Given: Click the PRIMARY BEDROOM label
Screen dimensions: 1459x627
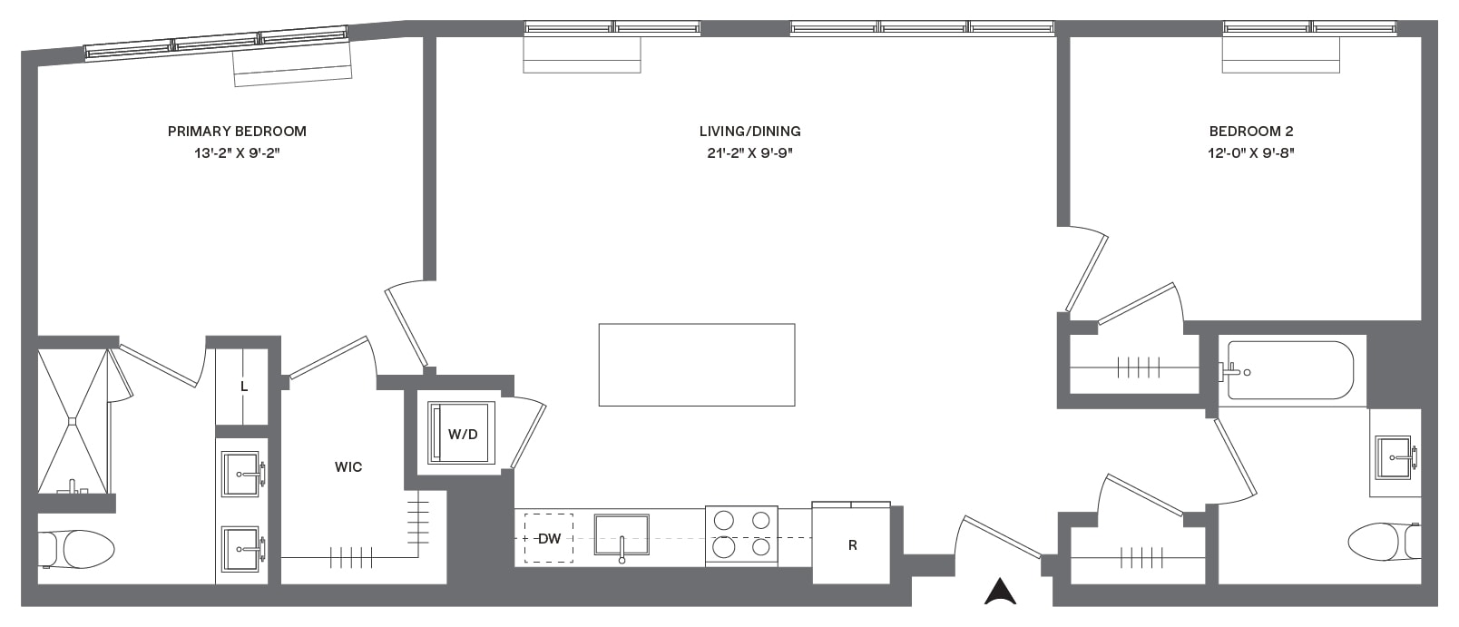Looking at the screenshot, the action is pyautogui.click(x=237, y=132).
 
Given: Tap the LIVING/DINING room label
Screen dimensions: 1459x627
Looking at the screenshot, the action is pyautogui.click(x=749, y=132).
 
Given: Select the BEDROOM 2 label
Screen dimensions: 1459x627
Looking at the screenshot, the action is pyautogui.click(x=1250, y=132).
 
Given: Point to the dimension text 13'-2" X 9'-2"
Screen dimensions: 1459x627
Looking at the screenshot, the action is pyautogui.click(x=237, y=153).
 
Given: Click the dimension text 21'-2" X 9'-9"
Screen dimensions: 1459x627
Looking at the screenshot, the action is pyautogui.click(x=749, y=153).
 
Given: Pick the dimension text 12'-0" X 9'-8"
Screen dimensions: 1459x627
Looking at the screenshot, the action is pyautogui.click(x=1250, y=153).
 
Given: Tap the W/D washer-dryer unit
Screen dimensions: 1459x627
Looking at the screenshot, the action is pyautogui.click(x=461, y=433).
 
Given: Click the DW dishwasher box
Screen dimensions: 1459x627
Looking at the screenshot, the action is pyautogui.click(x=548, y=538).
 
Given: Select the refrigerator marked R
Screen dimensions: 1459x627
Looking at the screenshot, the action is pyautogui.click(x=851, y=543).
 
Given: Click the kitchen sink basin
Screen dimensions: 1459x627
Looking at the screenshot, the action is pyautogui.click(x=622, y=535).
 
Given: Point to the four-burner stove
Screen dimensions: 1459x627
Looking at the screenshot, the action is pyautogui.click(x=742, y=535).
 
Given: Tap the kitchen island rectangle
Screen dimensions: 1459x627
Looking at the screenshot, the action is pyautogui.click(x=697, y=365).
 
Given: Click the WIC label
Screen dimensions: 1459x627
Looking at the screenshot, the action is pyautogui.click(x=348, y=466).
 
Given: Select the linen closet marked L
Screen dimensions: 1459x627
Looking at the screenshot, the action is pyautogui.click(x=241, y=387).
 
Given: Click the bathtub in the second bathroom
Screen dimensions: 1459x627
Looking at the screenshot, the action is pyautogui.click(x=1289, y=370).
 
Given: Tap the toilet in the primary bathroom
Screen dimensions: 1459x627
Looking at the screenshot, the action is pyautogui.click(x=76, y=548).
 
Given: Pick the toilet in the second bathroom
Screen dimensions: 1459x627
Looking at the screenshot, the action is pyautogui.click(x=1384, y=541).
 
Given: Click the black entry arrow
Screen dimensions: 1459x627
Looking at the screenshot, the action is pyautogui.click(x=1000, y=592).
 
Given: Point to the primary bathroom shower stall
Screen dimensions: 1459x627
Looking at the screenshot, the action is pyautogui.click(x=73, y=421).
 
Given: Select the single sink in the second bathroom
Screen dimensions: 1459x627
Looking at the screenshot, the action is pyautogui.click(x=1393, y=457).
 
